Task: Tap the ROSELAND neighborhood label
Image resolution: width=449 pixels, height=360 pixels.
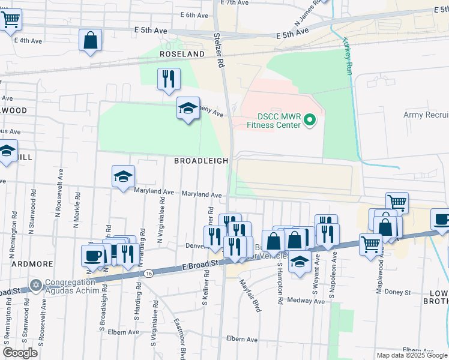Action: point(182,54)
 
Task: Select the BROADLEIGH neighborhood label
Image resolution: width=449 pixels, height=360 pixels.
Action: point(201,161)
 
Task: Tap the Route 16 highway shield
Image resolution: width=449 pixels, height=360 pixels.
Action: point(148,274)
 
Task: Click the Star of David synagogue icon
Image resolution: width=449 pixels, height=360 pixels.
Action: point(35,284)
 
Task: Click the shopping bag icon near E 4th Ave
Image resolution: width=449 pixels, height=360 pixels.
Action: point(90,41)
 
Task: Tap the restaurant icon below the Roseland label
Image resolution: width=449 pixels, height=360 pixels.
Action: point(169,79)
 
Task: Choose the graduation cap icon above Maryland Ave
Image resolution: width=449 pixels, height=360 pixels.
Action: point(123,177)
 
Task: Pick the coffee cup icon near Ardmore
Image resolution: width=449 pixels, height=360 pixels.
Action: point(93,255)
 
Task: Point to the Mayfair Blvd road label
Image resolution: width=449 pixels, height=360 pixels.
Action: point(249,294)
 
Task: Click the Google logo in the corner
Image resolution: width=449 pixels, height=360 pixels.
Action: point(20,353)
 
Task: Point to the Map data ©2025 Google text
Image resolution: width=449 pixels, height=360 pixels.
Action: point(411,355)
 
